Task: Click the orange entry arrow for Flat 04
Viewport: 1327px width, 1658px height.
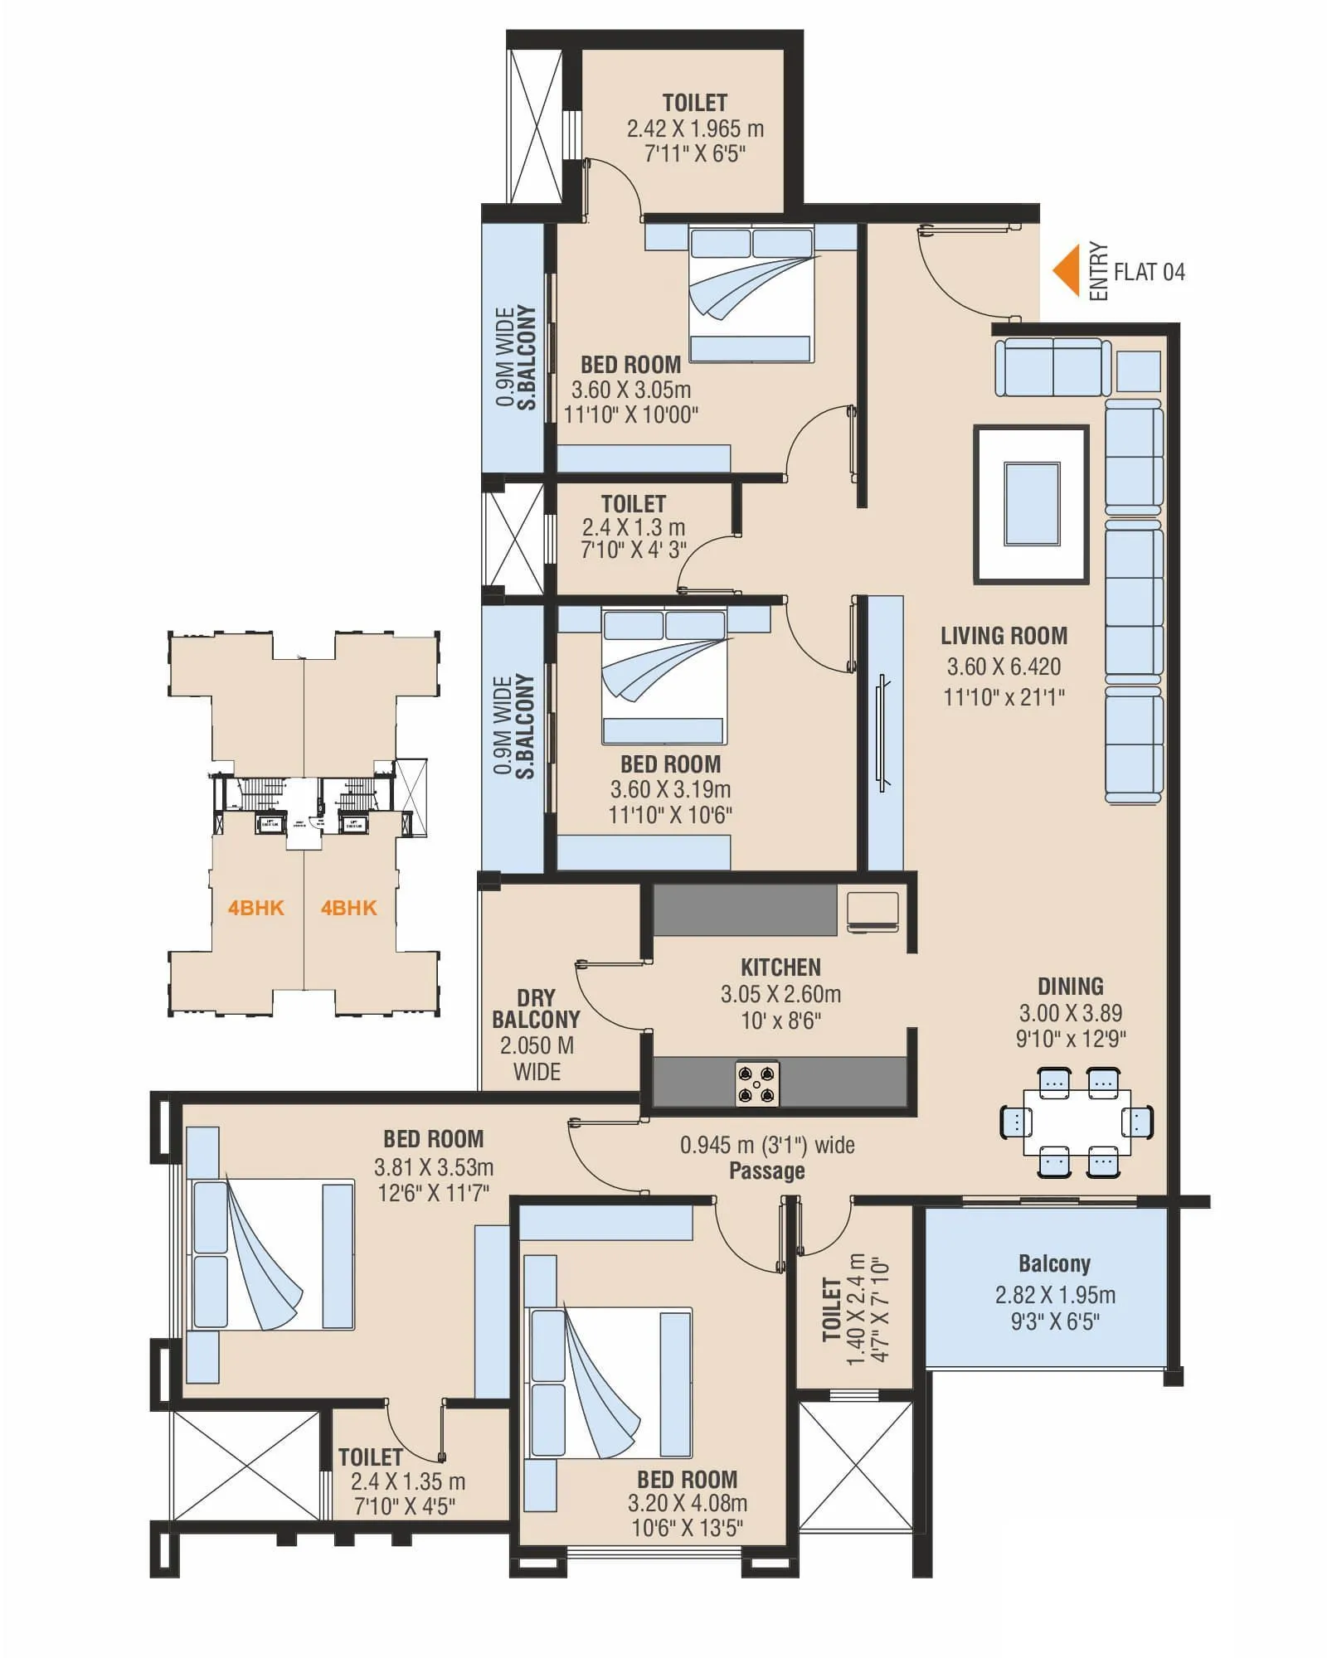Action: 1067,271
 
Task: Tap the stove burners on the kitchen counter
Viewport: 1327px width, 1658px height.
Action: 757,1084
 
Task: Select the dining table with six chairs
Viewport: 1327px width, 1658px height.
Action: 1077,1122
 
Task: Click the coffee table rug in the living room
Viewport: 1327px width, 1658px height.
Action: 1031,504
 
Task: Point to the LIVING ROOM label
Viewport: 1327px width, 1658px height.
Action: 1004,636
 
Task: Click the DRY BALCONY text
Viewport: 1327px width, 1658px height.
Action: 536,1008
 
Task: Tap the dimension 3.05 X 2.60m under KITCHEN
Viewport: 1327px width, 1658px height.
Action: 780,994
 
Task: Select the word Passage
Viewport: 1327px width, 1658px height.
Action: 766,1171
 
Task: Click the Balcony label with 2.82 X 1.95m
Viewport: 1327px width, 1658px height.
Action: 1054,1263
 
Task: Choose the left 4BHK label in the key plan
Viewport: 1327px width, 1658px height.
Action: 256,908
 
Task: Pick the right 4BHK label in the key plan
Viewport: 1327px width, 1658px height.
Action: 348,908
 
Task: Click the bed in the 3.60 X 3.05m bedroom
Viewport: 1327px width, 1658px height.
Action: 751,294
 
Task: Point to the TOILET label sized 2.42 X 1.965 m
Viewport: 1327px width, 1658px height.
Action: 694,103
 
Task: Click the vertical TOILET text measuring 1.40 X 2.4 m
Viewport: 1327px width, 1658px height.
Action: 832,1309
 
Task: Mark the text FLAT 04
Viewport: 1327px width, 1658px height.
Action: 1149,272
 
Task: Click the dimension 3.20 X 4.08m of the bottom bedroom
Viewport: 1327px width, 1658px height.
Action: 688,1503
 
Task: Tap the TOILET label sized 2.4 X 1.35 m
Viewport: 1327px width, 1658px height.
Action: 370,1457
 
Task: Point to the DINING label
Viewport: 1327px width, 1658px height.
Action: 1070,987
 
